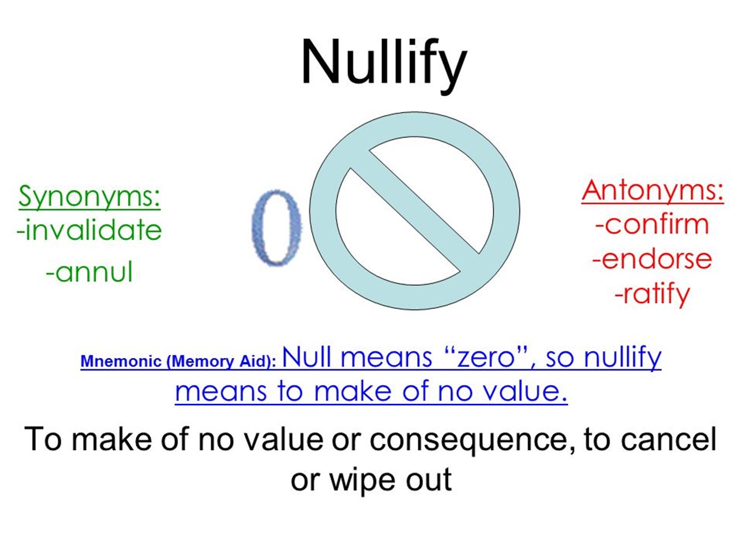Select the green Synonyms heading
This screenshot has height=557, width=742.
pyautogui.click(x=89, y=196)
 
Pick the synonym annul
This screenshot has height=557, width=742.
pyautogui.click(x=89, y=271)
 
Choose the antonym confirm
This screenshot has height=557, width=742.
pyautogui.click(x=652, y=225)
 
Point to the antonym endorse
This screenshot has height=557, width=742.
pyautogui.click(x=652, y=259)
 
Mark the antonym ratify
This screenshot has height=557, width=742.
pyautogui.click(x=652, y=294)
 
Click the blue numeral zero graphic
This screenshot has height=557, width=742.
pyautogui.click(x=277, y=227)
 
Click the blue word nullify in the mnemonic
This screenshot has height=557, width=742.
pyautogui.click(x=623, y=358)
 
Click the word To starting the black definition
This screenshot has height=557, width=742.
pyautogui.click(x=43, y=439)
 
